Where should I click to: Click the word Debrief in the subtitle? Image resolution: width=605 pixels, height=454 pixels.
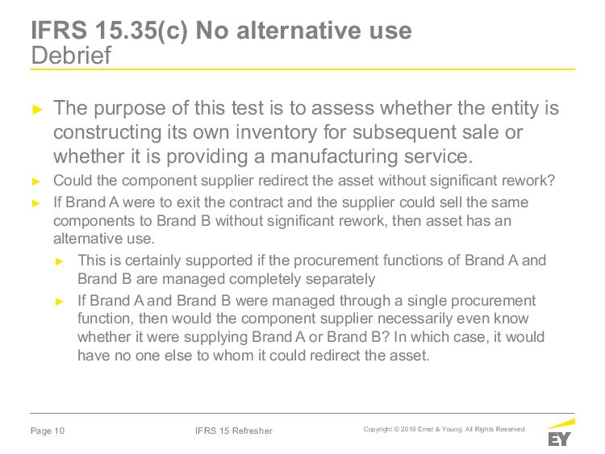coord(71,55)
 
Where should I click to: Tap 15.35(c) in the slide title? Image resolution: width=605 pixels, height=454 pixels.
coord(141,31)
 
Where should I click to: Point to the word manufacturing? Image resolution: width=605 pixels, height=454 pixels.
coord(334,156)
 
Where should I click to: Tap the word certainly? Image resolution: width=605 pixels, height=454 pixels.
coord(152,260)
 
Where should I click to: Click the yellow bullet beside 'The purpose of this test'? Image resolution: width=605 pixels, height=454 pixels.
coord(37,110)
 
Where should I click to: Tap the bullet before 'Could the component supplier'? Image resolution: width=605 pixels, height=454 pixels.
coord(36,181)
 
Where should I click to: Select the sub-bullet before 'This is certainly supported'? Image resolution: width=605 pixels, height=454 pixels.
coord(60,261)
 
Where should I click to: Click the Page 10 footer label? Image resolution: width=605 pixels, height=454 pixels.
coord(48,431)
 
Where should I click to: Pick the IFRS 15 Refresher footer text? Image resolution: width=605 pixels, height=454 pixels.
coord(234,431)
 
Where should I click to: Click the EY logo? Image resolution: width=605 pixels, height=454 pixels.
coord(561,433)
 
